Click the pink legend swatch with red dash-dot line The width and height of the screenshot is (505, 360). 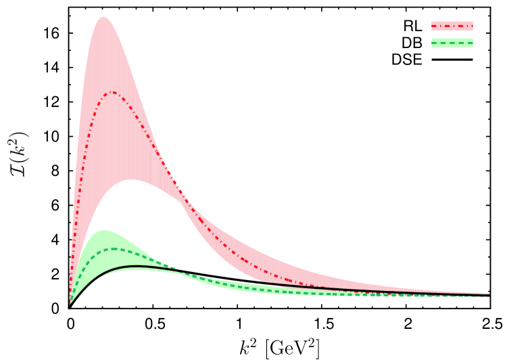[x=452, y=26]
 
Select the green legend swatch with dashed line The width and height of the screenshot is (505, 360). [x=452, y=43]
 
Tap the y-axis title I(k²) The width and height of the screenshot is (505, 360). [x=18, y=153]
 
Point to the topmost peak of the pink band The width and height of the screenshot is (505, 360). [x=104, y=17]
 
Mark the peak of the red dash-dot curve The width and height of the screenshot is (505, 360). [x=112, y=92]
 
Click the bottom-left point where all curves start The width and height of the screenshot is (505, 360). [x=70, y=305]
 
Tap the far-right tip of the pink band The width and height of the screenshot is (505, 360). [x=489, y=294]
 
